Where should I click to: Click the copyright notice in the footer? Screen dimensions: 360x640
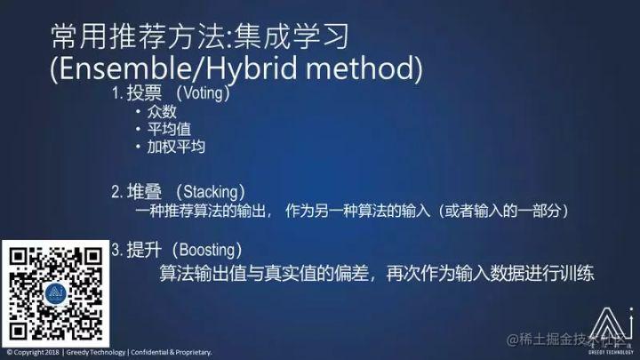[109, 353]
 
